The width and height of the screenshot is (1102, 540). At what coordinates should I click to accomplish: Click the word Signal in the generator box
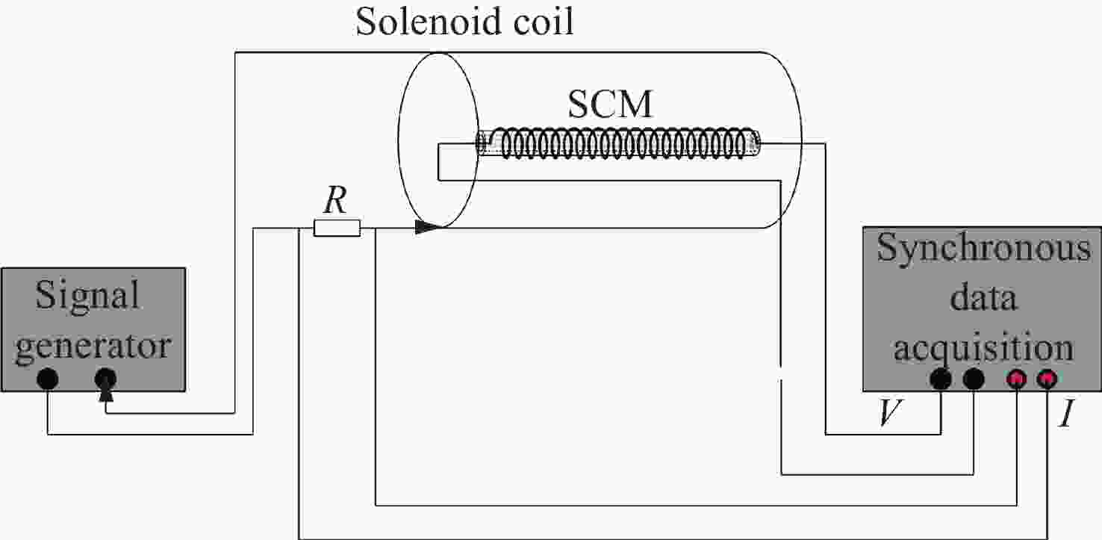[87, 297]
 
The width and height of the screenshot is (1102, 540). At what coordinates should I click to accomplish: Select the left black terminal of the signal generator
[47, 379]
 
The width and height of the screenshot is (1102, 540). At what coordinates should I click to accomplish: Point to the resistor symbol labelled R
[337, 228]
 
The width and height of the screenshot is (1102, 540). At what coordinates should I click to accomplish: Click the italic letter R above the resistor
[335, 200]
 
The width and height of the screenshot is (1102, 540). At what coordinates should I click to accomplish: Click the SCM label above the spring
[610, 105]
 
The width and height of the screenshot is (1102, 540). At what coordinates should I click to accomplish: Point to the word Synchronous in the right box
[984, 249]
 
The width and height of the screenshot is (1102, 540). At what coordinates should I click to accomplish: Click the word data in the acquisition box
[983, 297]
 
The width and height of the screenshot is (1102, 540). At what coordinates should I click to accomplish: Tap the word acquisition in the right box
[984, 347]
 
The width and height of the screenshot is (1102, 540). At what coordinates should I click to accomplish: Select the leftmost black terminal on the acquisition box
[941, 379]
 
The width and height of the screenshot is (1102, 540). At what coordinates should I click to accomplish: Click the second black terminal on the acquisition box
[973, 379]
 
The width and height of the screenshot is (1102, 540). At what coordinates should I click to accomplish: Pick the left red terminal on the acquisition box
[1016, 379]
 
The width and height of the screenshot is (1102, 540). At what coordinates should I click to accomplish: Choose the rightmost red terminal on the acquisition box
[1047, 379]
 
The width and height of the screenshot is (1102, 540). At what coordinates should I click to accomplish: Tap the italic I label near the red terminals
[1067, 414]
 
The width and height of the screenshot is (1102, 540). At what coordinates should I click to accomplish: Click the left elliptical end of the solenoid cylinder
[398, 140]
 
